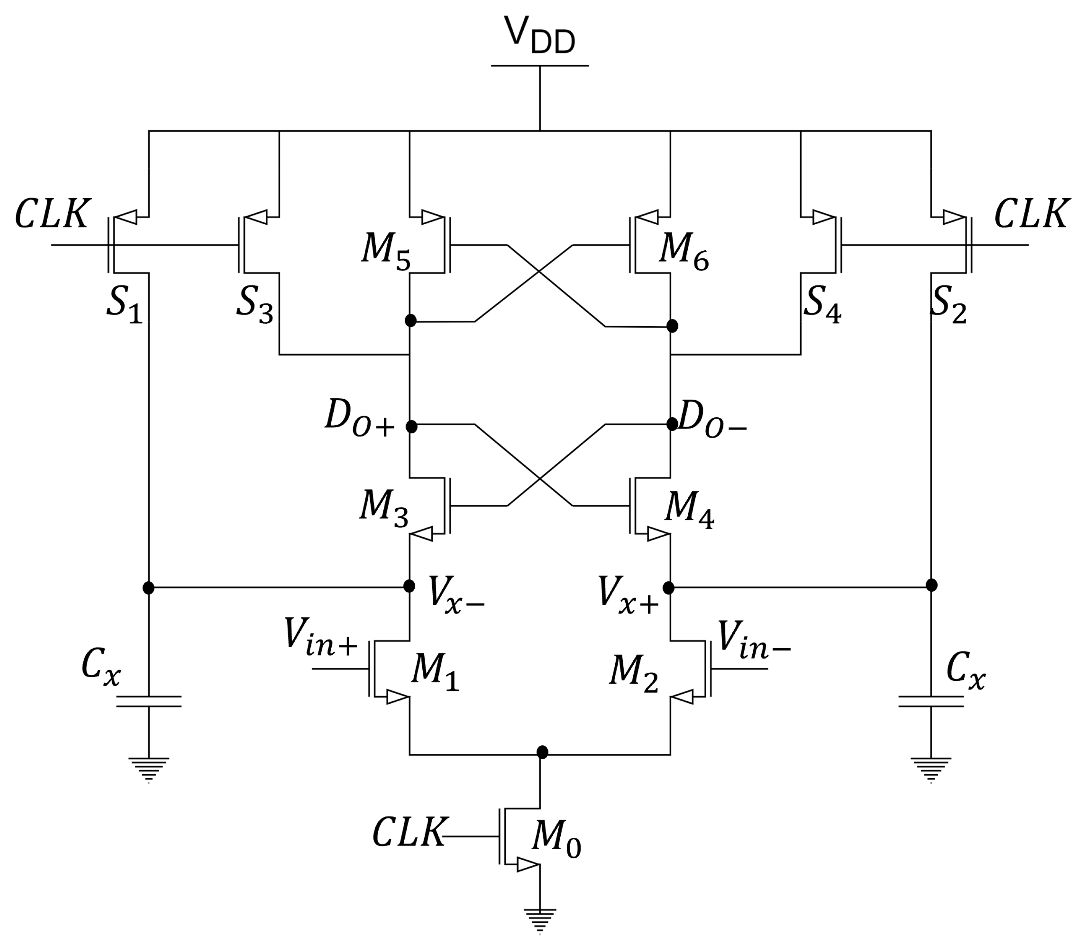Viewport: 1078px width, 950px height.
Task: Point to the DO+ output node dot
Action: point(411,426)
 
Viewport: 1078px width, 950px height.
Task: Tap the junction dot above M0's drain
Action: point(542,752)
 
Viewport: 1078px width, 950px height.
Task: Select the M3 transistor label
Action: point(384,509)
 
